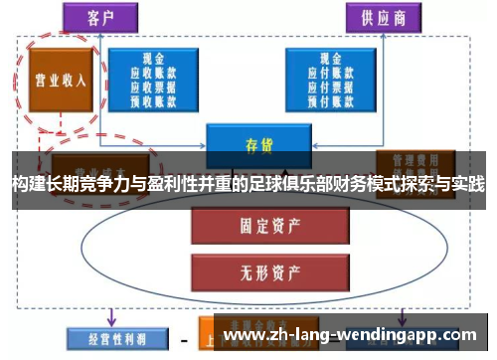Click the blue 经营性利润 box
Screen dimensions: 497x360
tap(105, 339)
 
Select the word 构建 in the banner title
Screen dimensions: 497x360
tap(26, 184)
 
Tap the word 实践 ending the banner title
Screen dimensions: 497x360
tap(469, 184)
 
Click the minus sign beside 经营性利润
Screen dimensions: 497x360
tap(183, 339)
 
